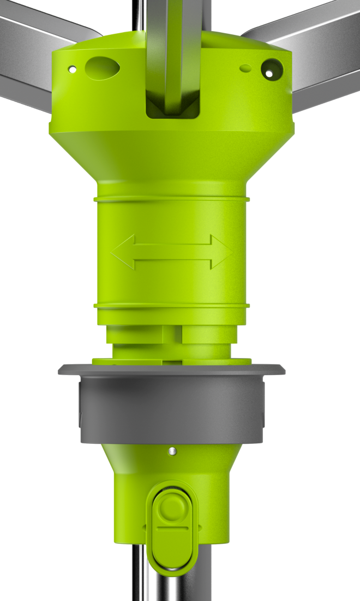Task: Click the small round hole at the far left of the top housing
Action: coord(71,69)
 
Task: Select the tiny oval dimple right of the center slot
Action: coord(246,68)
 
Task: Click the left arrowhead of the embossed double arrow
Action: coord(123,252)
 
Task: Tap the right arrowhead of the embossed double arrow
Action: coord(221,252)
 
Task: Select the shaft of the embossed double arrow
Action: coord(172,252)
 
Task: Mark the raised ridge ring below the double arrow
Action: coord(172,305)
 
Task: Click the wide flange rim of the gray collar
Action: coord(172,369)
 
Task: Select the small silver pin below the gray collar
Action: coord(172,451)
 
